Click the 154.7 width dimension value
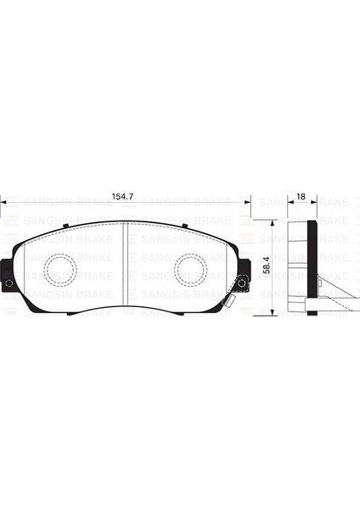tap(122, 197)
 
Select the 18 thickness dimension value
tap(301, 197)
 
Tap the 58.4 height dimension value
tap(267, 265)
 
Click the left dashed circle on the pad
tap(60, 269)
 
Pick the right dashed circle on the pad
tap(191, 269)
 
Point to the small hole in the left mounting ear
tap(9, 283)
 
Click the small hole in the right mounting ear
tap(241, 283)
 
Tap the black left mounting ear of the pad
tap(7, 275)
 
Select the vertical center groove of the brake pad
tap(125, 264)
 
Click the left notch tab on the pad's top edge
tap(65, 226)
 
